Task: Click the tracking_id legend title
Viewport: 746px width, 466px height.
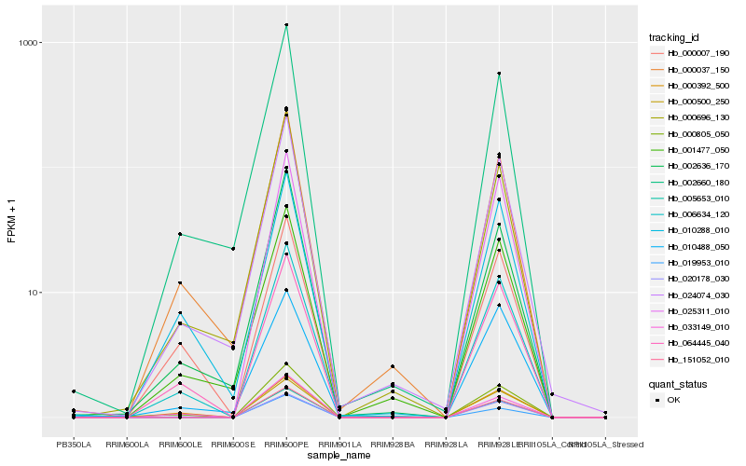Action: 674,37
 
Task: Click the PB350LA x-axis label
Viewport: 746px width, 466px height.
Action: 74,445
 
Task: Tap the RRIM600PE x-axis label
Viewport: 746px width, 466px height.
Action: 286,445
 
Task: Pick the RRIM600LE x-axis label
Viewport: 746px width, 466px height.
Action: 180,445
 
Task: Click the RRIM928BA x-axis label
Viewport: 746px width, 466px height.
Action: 393,445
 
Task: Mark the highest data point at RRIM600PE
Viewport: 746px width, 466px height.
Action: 286,25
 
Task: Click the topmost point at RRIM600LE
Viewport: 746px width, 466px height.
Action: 180,234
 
